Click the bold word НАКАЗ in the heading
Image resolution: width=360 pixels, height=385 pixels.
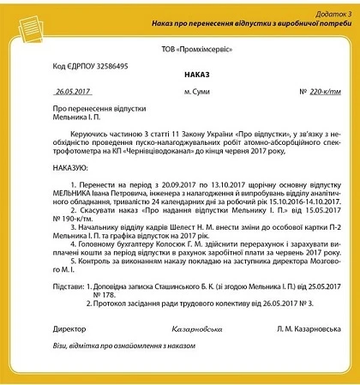(180, 75)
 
